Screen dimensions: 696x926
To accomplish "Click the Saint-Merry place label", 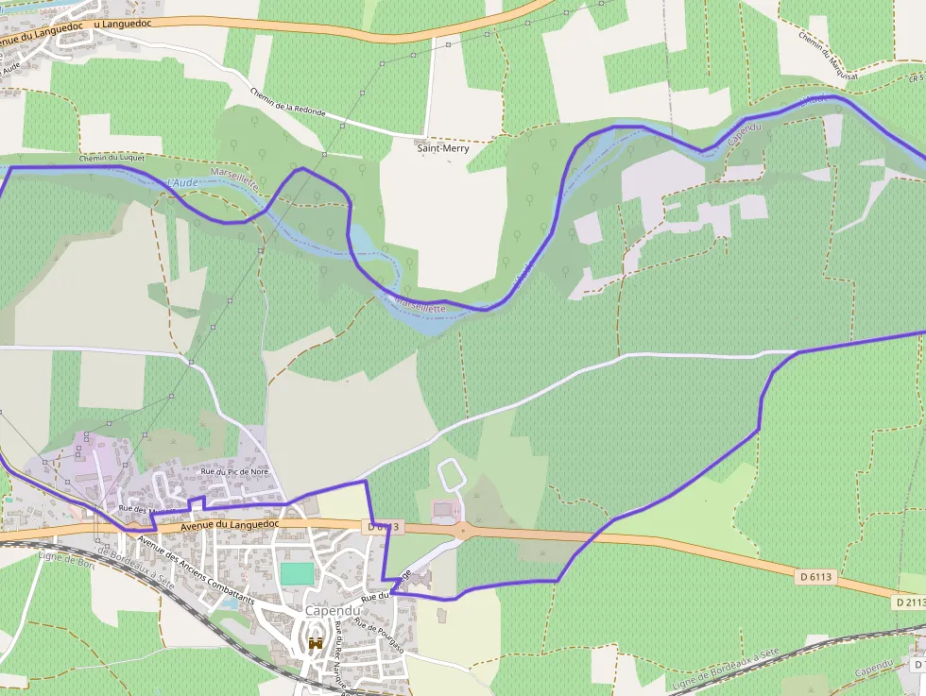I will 442,148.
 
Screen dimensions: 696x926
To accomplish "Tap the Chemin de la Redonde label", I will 288,102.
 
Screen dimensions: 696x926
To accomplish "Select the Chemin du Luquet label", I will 112,158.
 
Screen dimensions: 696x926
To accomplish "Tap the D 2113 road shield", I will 909,602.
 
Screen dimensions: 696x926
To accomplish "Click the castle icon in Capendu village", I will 316,643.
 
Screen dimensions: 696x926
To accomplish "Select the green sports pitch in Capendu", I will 297,573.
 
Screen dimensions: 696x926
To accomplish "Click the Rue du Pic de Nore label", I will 234,471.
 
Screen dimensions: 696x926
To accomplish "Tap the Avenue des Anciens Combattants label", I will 196,570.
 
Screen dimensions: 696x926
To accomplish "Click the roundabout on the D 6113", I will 462,530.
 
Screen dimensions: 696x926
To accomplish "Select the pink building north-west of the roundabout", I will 442,512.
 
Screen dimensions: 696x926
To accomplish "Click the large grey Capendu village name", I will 333,611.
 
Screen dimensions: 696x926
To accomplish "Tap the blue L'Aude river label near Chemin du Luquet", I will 182,182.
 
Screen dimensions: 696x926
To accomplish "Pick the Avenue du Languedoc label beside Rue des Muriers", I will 231,523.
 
